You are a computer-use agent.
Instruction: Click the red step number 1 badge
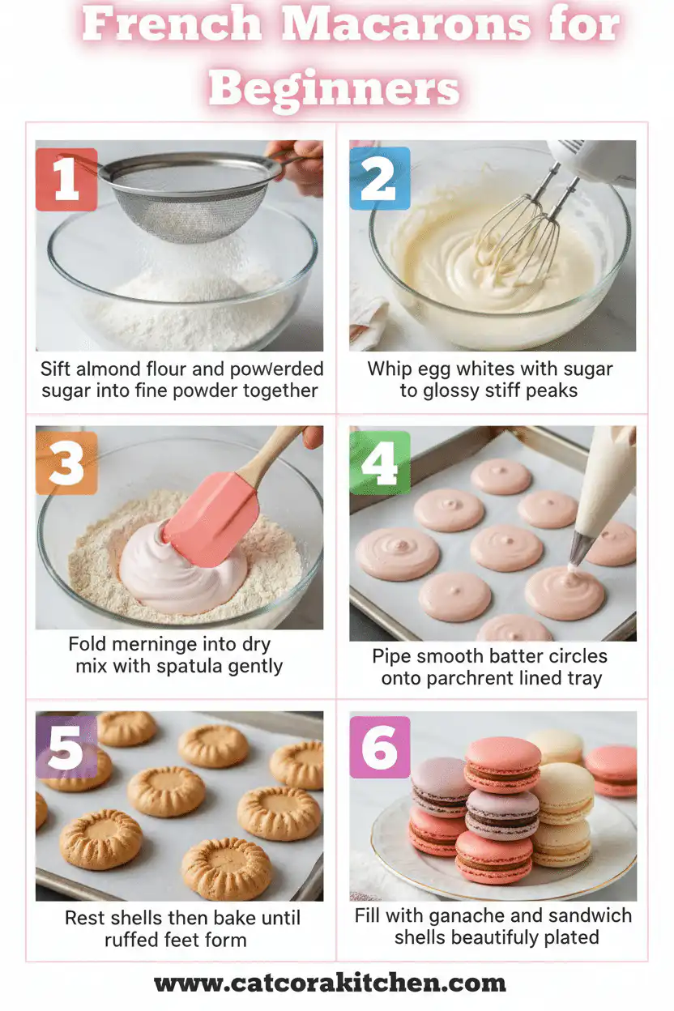(66, 179)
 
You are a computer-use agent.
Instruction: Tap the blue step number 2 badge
(379, 179)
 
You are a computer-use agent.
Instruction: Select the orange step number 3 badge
(66, 463)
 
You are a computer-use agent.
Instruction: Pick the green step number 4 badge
(379, 463)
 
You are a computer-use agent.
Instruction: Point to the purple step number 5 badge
(66, 747)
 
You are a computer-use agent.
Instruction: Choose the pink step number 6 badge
(379, 747)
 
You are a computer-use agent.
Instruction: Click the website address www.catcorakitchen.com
(330, 983)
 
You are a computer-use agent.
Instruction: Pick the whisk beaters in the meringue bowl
(518, 223)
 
